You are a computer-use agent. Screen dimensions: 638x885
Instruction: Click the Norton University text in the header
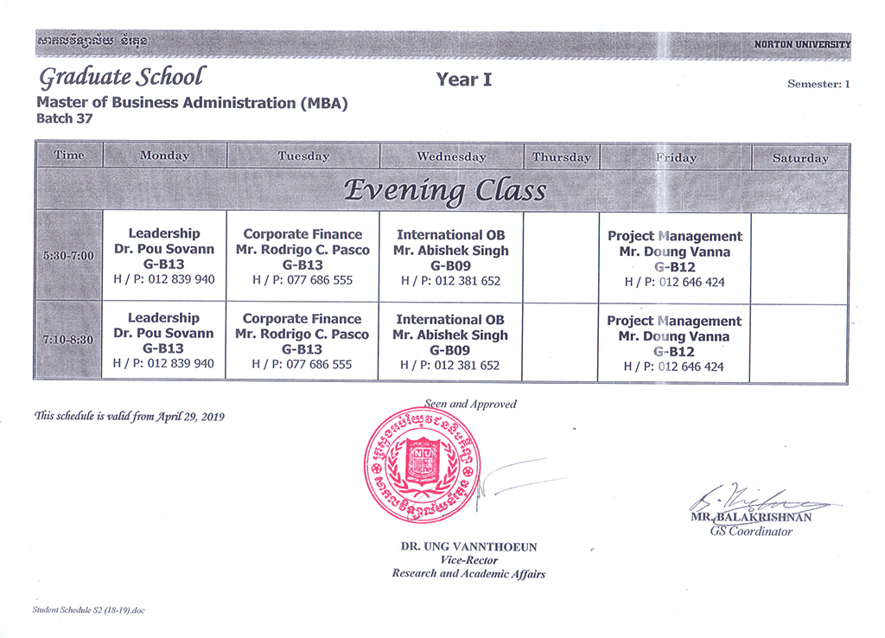click(801, 44)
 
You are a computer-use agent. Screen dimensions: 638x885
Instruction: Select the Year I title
click(463, 80)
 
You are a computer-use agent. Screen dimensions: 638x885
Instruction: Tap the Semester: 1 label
click(818, 84)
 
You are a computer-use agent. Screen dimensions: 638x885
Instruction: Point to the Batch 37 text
click(64, 118)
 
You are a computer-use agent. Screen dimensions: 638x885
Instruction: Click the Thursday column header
click(561, 157)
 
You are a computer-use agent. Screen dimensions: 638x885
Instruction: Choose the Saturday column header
click(799, 158)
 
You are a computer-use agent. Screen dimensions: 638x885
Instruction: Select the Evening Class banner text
click(444, 190)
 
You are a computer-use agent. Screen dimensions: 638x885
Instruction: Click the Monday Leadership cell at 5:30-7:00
click(164, 257)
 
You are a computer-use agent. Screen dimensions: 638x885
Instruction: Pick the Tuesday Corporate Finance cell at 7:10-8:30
click(302, 341)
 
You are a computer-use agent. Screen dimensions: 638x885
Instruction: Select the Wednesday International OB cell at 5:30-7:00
click(450, 258)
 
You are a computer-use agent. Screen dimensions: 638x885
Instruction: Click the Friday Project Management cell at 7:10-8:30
click(674, 343)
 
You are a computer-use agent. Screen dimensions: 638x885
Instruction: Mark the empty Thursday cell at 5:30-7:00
click(561, 257)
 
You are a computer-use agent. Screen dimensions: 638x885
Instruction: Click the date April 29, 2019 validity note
click(129, 416)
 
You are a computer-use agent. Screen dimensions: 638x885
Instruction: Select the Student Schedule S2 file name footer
click(88, 609)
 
